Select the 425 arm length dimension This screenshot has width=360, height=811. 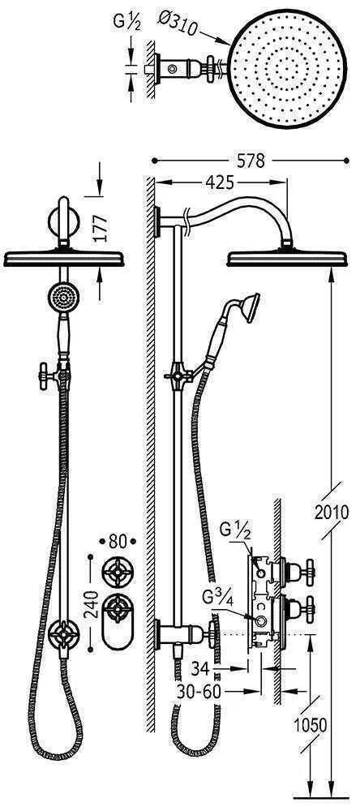click(219, 182)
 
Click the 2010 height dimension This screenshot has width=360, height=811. click(332, 512)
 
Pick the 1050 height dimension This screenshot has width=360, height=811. click(310, 726)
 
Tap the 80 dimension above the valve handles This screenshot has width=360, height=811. click(118, 542)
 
